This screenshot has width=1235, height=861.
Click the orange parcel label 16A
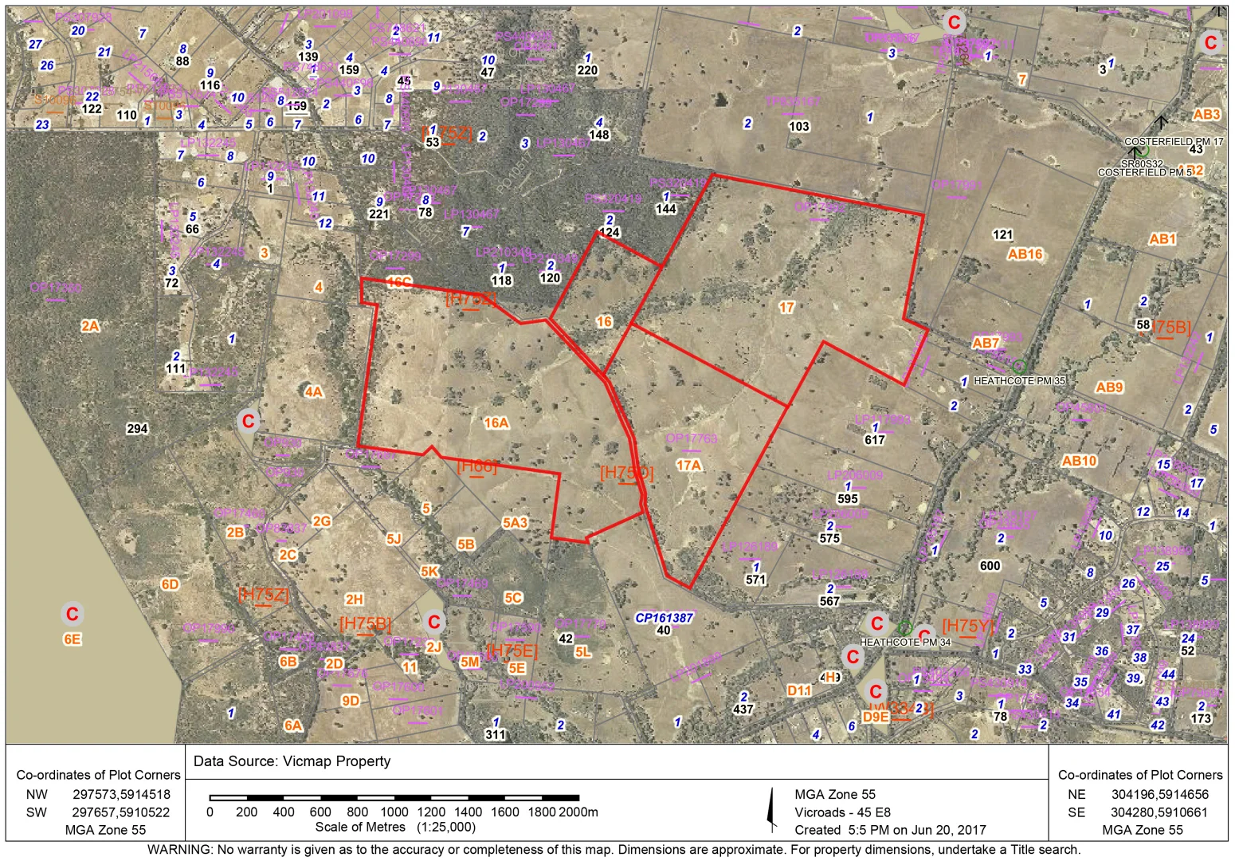[x=496, y=423]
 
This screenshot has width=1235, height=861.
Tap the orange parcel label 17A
[x=688, y=465]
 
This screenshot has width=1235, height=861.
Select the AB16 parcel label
[x=1025, y=254]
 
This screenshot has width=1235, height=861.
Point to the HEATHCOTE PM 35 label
[x=1019, y=381]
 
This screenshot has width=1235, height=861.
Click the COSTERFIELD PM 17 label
[x=1174, y=141]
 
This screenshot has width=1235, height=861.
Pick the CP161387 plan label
[x=664, y=617]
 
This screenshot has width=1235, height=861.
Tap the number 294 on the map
[x=138, y=429]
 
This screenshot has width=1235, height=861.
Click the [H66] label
[x=476, y=466]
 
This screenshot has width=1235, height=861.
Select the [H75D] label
[x=626, y=473]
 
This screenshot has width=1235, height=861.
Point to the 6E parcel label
[x=72, y=639]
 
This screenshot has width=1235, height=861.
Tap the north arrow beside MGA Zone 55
[x=770, y=810]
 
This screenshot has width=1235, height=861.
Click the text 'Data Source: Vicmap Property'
[x=292, y=761]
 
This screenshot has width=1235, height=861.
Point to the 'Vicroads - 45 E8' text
[x=842, y=812]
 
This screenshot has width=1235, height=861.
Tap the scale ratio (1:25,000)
[x=445, y=828]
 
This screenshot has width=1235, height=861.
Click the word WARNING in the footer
[x=179, y=850]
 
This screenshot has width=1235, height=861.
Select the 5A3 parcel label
[x=515, y=523]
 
